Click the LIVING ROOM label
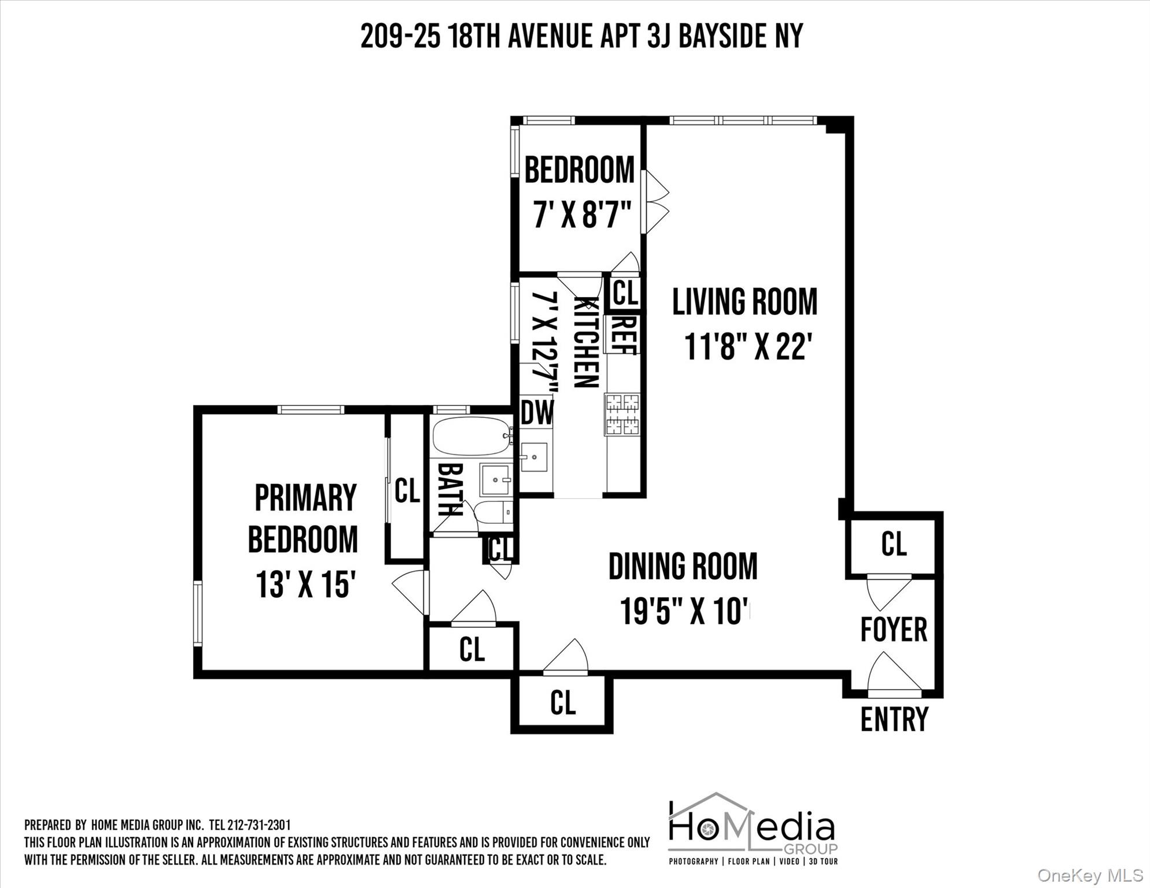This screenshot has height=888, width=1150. (x=744, y=302)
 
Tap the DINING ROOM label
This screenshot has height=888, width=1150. (x=683, y=567)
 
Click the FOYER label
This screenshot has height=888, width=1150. (x=894, y=630)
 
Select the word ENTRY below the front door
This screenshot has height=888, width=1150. (x=894, y=720)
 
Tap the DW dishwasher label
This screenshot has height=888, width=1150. (x=537, y=413)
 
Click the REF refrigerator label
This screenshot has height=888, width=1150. (x=622, y=334)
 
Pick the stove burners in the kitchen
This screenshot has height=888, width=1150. (x=622, y=414)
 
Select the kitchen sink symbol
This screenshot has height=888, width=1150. (x=533, y=457)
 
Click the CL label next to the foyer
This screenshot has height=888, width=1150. (x=893, y=544)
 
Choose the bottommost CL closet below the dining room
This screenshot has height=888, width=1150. (x=562, y=703)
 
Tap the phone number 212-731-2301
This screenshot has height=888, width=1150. (x=259, y=825)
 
